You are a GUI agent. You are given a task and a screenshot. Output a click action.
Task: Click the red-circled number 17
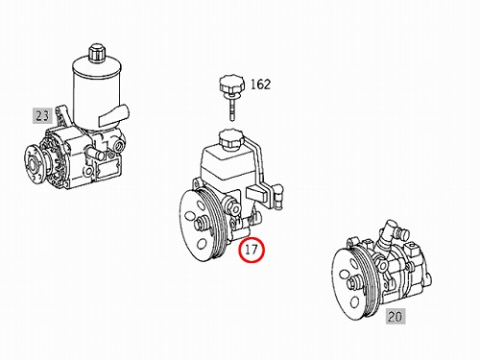(252, 250)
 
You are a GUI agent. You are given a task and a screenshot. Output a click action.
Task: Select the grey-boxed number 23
(42, 115)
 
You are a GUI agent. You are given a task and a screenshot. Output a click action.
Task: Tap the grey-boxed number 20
(396, 317)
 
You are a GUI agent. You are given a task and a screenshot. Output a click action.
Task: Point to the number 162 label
(260, 84)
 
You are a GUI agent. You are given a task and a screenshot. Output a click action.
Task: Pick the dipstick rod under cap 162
(231, 108)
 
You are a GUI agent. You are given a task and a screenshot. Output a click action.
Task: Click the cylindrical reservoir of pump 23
(96, 93)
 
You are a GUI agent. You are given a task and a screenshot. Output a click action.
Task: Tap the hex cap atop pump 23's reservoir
(96, 53)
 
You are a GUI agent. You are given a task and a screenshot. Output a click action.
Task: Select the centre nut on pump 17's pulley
(202, 223)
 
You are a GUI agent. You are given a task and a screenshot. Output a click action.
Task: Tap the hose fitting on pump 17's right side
(276, 197)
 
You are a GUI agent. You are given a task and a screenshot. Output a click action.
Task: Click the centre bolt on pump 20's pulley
(354, 283)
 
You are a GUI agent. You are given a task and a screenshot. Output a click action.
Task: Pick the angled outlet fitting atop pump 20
(391, 232)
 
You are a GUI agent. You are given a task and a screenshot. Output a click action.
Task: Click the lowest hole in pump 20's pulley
(354, 301)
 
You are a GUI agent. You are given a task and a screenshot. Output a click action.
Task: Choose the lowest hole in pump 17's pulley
(202, 244)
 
